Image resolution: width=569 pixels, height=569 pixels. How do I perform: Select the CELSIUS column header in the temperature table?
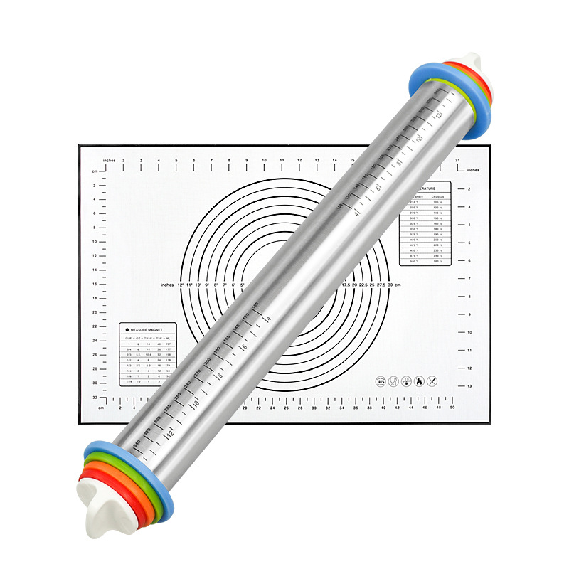pos(437,196)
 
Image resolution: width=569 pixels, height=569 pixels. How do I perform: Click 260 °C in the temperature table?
pos(439,261)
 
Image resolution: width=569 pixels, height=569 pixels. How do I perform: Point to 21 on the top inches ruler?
pos(458,161)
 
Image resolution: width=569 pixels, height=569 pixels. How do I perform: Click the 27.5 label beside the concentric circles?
pos(382,284)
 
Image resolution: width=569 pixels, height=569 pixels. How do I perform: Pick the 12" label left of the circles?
pos(181,284)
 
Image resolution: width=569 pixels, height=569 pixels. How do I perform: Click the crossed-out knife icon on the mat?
pos(432,381)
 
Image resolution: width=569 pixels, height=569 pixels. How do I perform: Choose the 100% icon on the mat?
pos(380,381)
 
